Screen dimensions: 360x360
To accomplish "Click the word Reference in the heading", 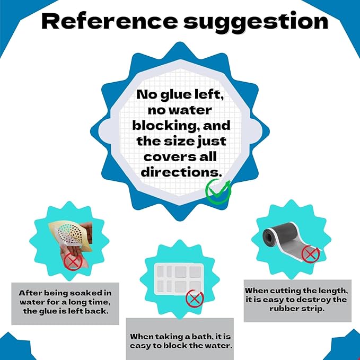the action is click(x=110, y=21).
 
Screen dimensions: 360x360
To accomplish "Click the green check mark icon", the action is click(x=218, y=191).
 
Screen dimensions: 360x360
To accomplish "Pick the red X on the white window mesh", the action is click(x=195, y=299).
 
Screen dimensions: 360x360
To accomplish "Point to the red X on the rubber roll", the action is click(x=310, y=254).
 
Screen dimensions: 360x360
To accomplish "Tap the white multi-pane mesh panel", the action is click(x=179, y=279).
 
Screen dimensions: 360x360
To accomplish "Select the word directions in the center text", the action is click(x=181, y=172).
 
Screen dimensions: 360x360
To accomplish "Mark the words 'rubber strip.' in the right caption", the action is click(x=297, y=309).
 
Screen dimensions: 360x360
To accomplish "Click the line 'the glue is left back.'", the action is click(x=66, y=311).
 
